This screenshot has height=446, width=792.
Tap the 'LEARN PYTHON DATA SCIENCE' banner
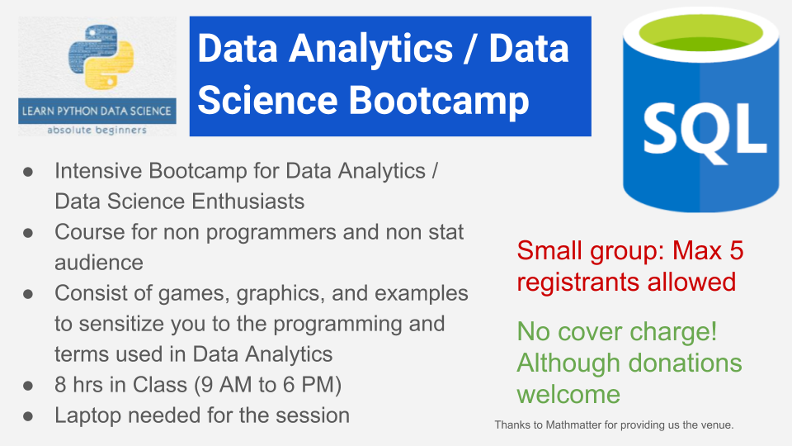click(97, 111)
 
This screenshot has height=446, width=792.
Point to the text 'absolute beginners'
click(97, 130)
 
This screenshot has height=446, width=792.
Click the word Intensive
click(101, 171)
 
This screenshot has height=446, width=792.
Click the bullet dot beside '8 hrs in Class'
click(27, 386)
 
